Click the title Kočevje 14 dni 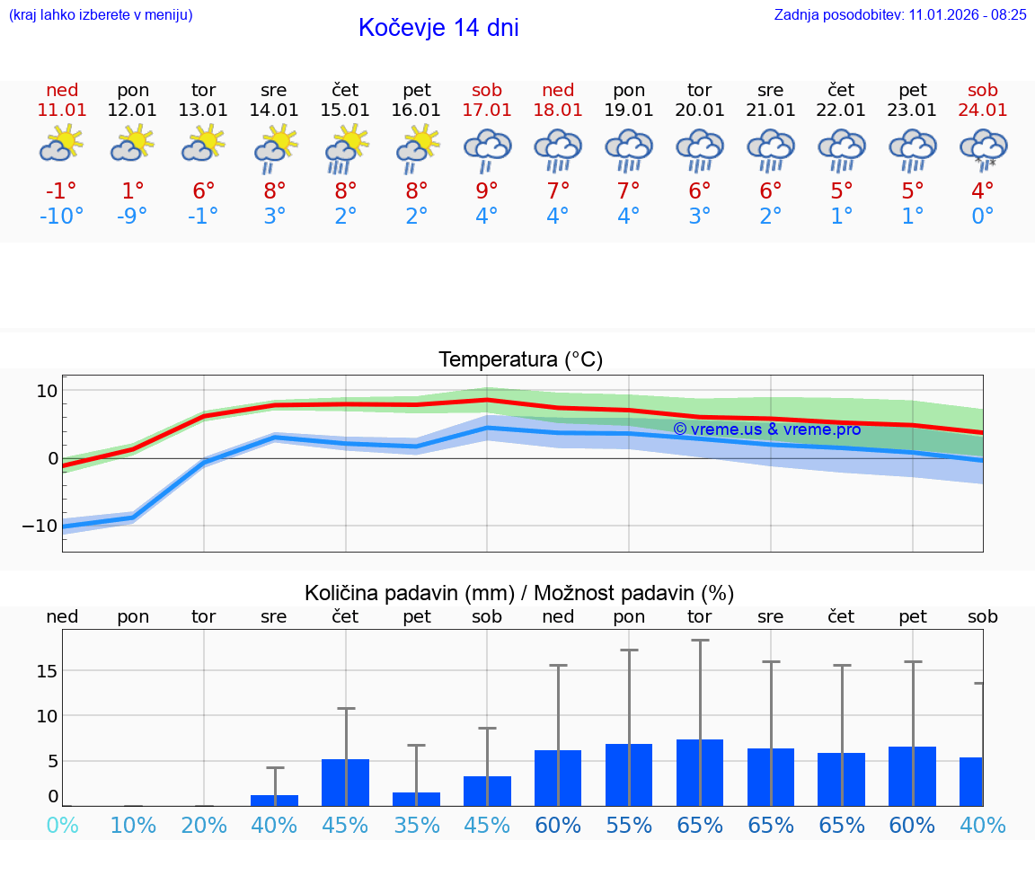[438, 28]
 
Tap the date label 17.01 [486, 110]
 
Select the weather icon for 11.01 [61, 144]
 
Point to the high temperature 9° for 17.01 [486, 190]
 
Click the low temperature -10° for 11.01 [61, 217]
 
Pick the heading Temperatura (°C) [520, 360]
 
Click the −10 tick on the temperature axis [41, 526]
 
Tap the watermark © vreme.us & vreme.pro [766, 429]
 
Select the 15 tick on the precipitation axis [48, 671]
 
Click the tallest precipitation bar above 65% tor [700, 772]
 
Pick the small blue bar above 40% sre [274, 800]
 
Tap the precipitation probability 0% [62, 825]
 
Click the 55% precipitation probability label [629, 825]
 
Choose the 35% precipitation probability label [416, 825]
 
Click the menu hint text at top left [100, 14]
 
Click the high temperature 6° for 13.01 [203, 190]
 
